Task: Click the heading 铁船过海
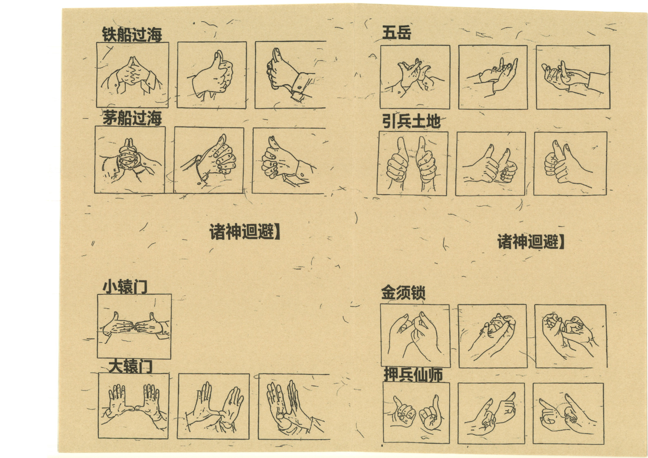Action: (x=132, y=35)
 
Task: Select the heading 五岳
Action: (x=397, y=33)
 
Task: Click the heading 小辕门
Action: (x=125, y=287)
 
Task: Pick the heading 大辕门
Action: (x=131, y=366)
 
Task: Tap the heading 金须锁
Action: (x=403, y=293)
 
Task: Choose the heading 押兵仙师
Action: (x=413, y=375)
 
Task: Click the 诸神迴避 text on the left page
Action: (x=245, y=231)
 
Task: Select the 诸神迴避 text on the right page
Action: (x=531, y=242)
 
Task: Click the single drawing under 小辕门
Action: (x=134, y=327)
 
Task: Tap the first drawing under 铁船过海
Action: (x=133, y=75)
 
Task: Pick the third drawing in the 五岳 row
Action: (x=573, y=77)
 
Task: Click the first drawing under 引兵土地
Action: (x=413, y=163)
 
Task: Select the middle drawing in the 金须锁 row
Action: (x=493, y=336)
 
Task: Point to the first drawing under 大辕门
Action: (x=134, y=406)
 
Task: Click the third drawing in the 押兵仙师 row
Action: (x=568, y=413)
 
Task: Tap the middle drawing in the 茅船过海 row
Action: (x=209, y=160)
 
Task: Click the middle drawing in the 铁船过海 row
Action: (x=212, y=75)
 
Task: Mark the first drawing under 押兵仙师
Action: (x=416, y=413)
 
